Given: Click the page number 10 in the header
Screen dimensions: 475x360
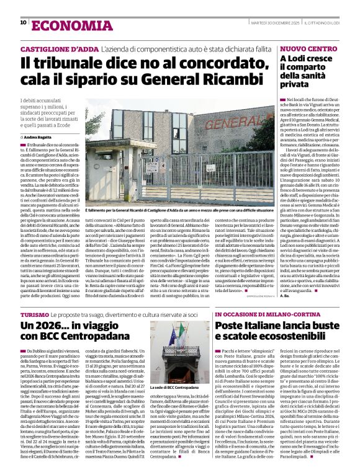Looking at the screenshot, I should [x=23, y=22].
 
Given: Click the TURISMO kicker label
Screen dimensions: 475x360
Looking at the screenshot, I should [x=34, y=314].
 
